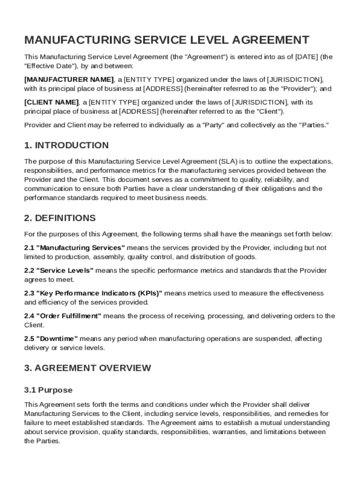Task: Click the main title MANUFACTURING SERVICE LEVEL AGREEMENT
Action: (x=167, y=40)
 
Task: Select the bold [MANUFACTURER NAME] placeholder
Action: (x=69, y=80)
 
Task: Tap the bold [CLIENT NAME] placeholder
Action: (x=51, y=102)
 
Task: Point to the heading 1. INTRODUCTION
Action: (x=66, y=145)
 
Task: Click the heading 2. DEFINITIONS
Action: (x=60, y=218)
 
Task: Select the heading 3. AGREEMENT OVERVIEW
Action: (x=87, y=368)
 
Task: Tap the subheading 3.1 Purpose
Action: (x=48, y=390)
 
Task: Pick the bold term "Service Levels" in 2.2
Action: (x=65, y=270)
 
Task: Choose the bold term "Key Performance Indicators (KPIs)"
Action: (x=99, y=293)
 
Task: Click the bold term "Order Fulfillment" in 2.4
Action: (x=69, y=316)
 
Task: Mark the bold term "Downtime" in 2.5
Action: (x=57, y=339)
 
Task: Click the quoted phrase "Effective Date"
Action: (x=47, y=66)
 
